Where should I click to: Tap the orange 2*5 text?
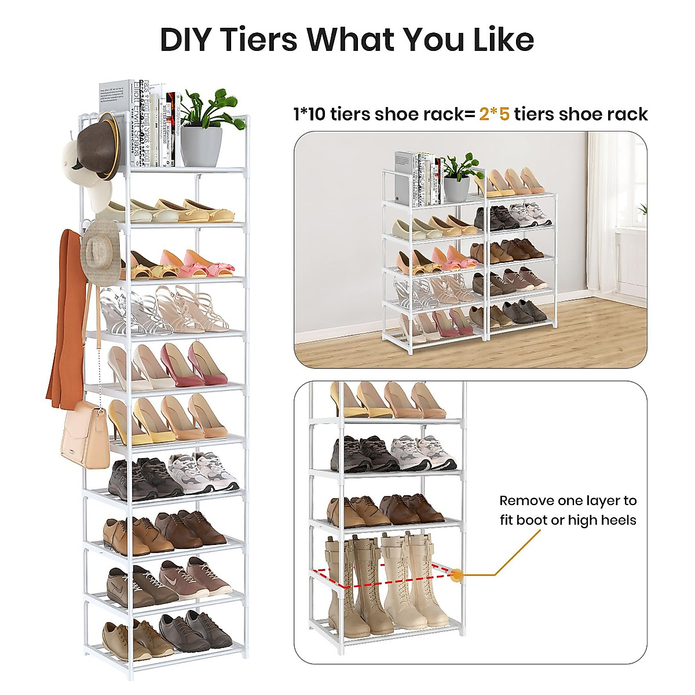pos(494,114)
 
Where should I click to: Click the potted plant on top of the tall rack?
pos(202,127)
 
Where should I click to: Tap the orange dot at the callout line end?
pos(458,575)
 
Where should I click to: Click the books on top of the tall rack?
pos(139,123)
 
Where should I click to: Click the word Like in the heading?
pos(503,39)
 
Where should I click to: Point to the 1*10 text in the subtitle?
pos(310,114)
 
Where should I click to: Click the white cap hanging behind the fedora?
pos(72,156)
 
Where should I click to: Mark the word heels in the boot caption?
pos(618,520)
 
